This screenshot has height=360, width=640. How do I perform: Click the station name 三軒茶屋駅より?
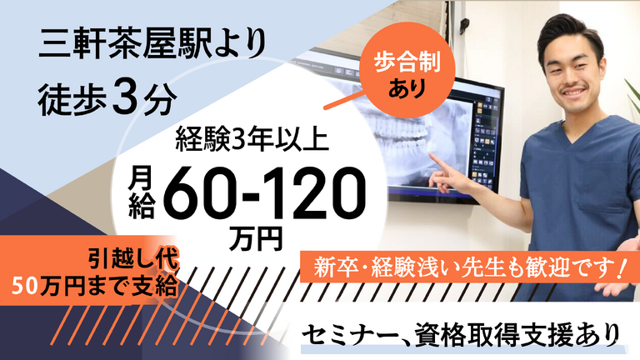152,44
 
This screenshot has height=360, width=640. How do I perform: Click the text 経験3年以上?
252,139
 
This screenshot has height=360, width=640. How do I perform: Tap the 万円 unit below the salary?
256,239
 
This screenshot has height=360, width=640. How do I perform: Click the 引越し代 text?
134,259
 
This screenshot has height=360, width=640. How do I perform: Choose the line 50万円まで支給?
96,286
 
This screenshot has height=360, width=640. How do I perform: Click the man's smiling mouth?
574,91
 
